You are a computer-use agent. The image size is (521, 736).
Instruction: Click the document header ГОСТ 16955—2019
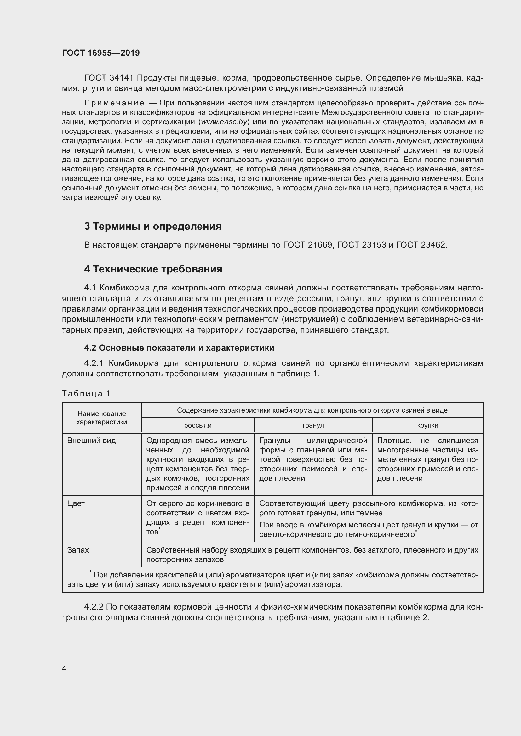[101, 53]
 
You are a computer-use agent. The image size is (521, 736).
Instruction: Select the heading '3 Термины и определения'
[153, 226]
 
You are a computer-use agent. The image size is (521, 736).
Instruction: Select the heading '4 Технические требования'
[153, 269]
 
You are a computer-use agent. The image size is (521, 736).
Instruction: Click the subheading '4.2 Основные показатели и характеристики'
[179, 348]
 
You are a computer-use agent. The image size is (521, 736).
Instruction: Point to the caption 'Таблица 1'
[86, 394]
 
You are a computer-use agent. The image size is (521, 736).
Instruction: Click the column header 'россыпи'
[198, 425]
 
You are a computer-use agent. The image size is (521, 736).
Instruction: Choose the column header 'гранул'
[313, 425]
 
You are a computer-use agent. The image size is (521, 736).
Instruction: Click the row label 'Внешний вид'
[91, 441]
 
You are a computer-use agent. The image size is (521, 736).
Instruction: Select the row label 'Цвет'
[76, 503]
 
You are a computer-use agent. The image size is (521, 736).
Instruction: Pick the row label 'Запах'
[78, 550]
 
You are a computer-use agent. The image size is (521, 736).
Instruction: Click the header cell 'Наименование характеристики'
[101, 418]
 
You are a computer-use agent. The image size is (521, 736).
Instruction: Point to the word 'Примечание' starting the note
[114, 103]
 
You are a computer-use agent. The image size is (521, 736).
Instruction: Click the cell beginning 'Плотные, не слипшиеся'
[427, 459]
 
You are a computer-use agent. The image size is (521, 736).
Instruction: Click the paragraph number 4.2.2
[94, 606]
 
